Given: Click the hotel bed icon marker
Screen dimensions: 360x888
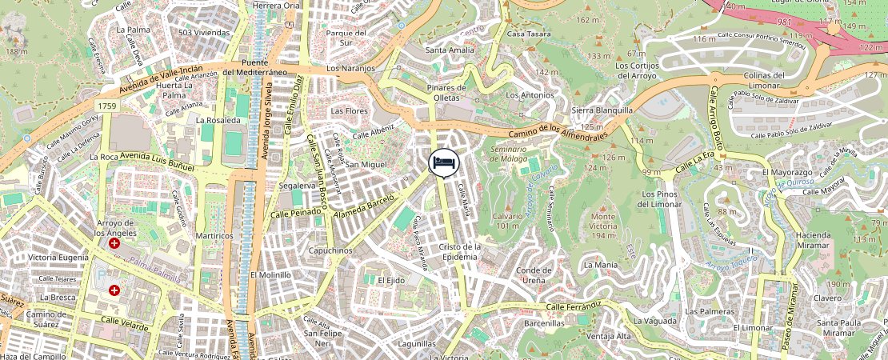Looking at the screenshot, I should (x=444, y=162).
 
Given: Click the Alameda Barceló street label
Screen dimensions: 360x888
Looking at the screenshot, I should (x=369, y=206).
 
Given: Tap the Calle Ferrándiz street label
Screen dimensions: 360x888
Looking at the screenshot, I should (x=573, y=306).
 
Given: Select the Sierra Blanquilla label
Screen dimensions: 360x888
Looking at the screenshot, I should (x=602, y=110).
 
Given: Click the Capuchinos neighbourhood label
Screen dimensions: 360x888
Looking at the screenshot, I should (x=330, y=250).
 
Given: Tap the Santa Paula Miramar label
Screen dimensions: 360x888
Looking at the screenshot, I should (x=836, y=327).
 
